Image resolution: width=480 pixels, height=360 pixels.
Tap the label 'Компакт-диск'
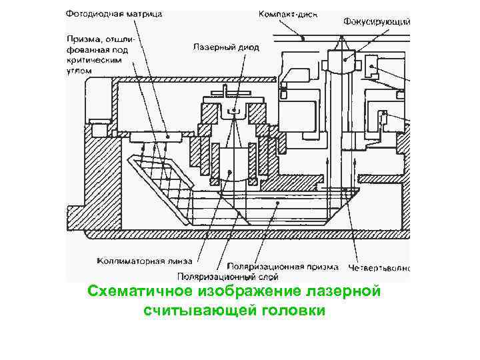(289, 13)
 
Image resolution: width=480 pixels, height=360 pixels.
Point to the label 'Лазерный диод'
(226, 48)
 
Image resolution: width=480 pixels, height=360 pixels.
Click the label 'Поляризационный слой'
(228, 276)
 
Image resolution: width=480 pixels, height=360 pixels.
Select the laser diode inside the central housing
(233, 110)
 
